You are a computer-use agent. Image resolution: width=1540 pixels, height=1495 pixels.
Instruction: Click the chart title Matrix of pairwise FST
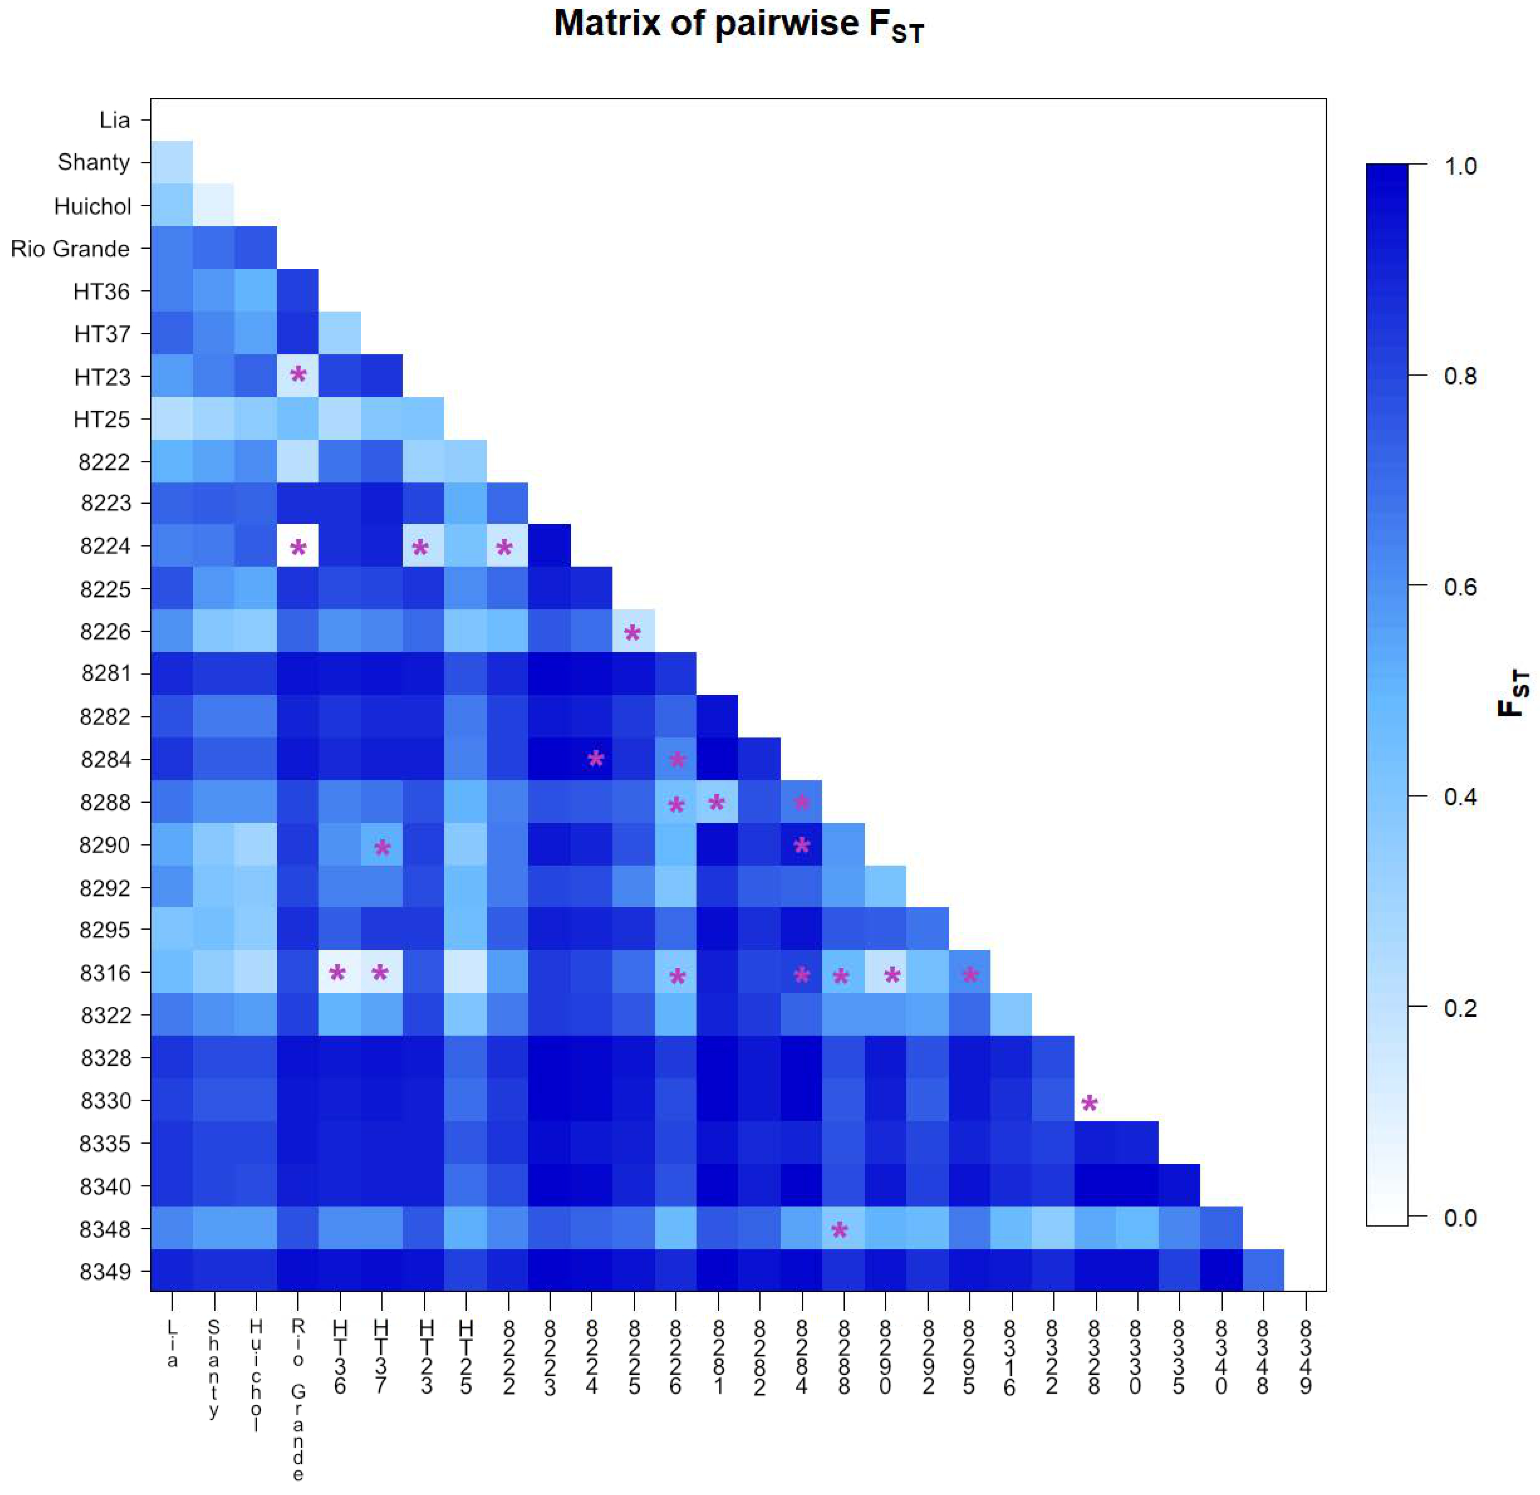(x=738, y=25)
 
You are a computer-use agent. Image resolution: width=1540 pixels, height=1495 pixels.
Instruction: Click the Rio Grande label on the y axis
(x=70, y=249)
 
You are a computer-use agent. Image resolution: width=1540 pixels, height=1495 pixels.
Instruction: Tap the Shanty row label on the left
(x=93, y=163)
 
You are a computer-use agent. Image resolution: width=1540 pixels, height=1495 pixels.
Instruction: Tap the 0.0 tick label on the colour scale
(x=1460, y=1217)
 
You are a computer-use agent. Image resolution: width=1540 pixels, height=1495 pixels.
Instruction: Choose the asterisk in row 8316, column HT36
(x=338, y=974)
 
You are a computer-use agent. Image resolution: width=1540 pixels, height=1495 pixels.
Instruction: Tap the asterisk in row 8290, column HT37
(x=382, y=847)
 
